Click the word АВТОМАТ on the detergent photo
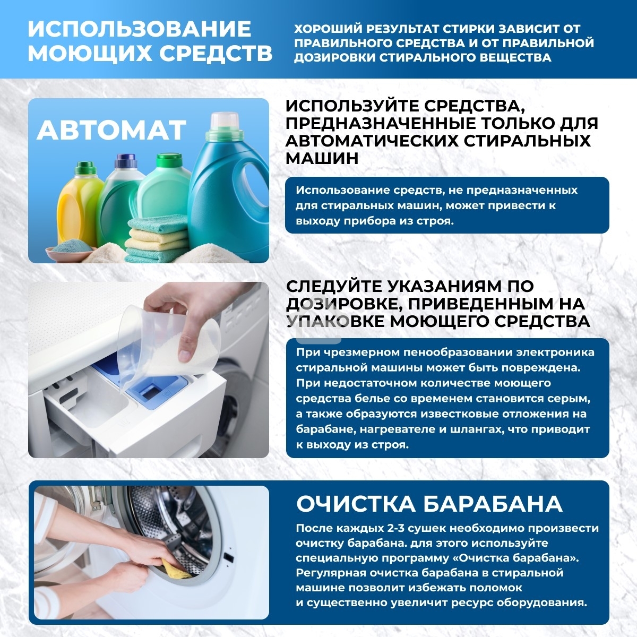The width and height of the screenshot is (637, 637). pos(111,130)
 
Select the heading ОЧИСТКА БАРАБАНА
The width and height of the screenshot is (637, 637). pos(429,504)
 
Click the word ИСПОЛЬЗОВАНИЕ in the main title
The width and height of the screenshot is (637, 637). pos(139,29)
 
